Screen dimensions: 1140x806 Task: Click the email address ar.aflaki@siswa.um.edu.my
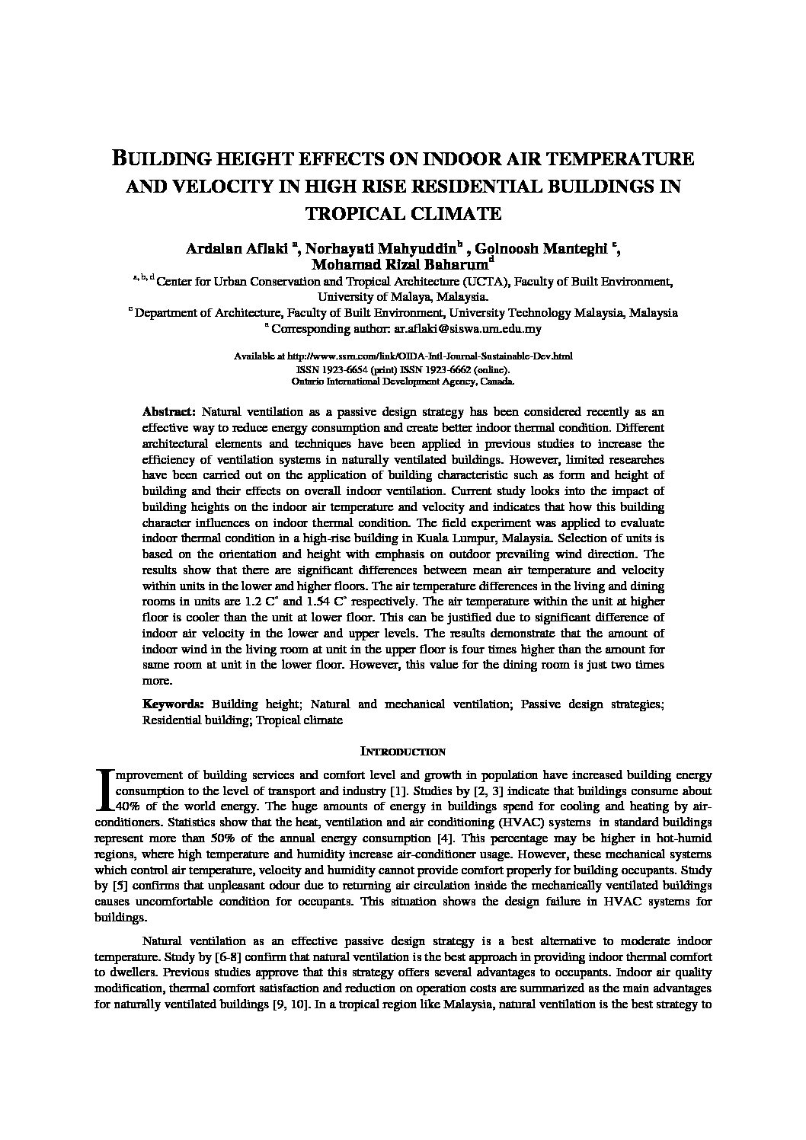click(x=468, y=329)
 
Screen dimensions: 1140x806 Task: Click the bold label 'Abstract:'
click(x=169, y=410)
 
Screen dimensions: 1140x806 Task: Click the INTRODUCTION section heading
click(x=402, y=752)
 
